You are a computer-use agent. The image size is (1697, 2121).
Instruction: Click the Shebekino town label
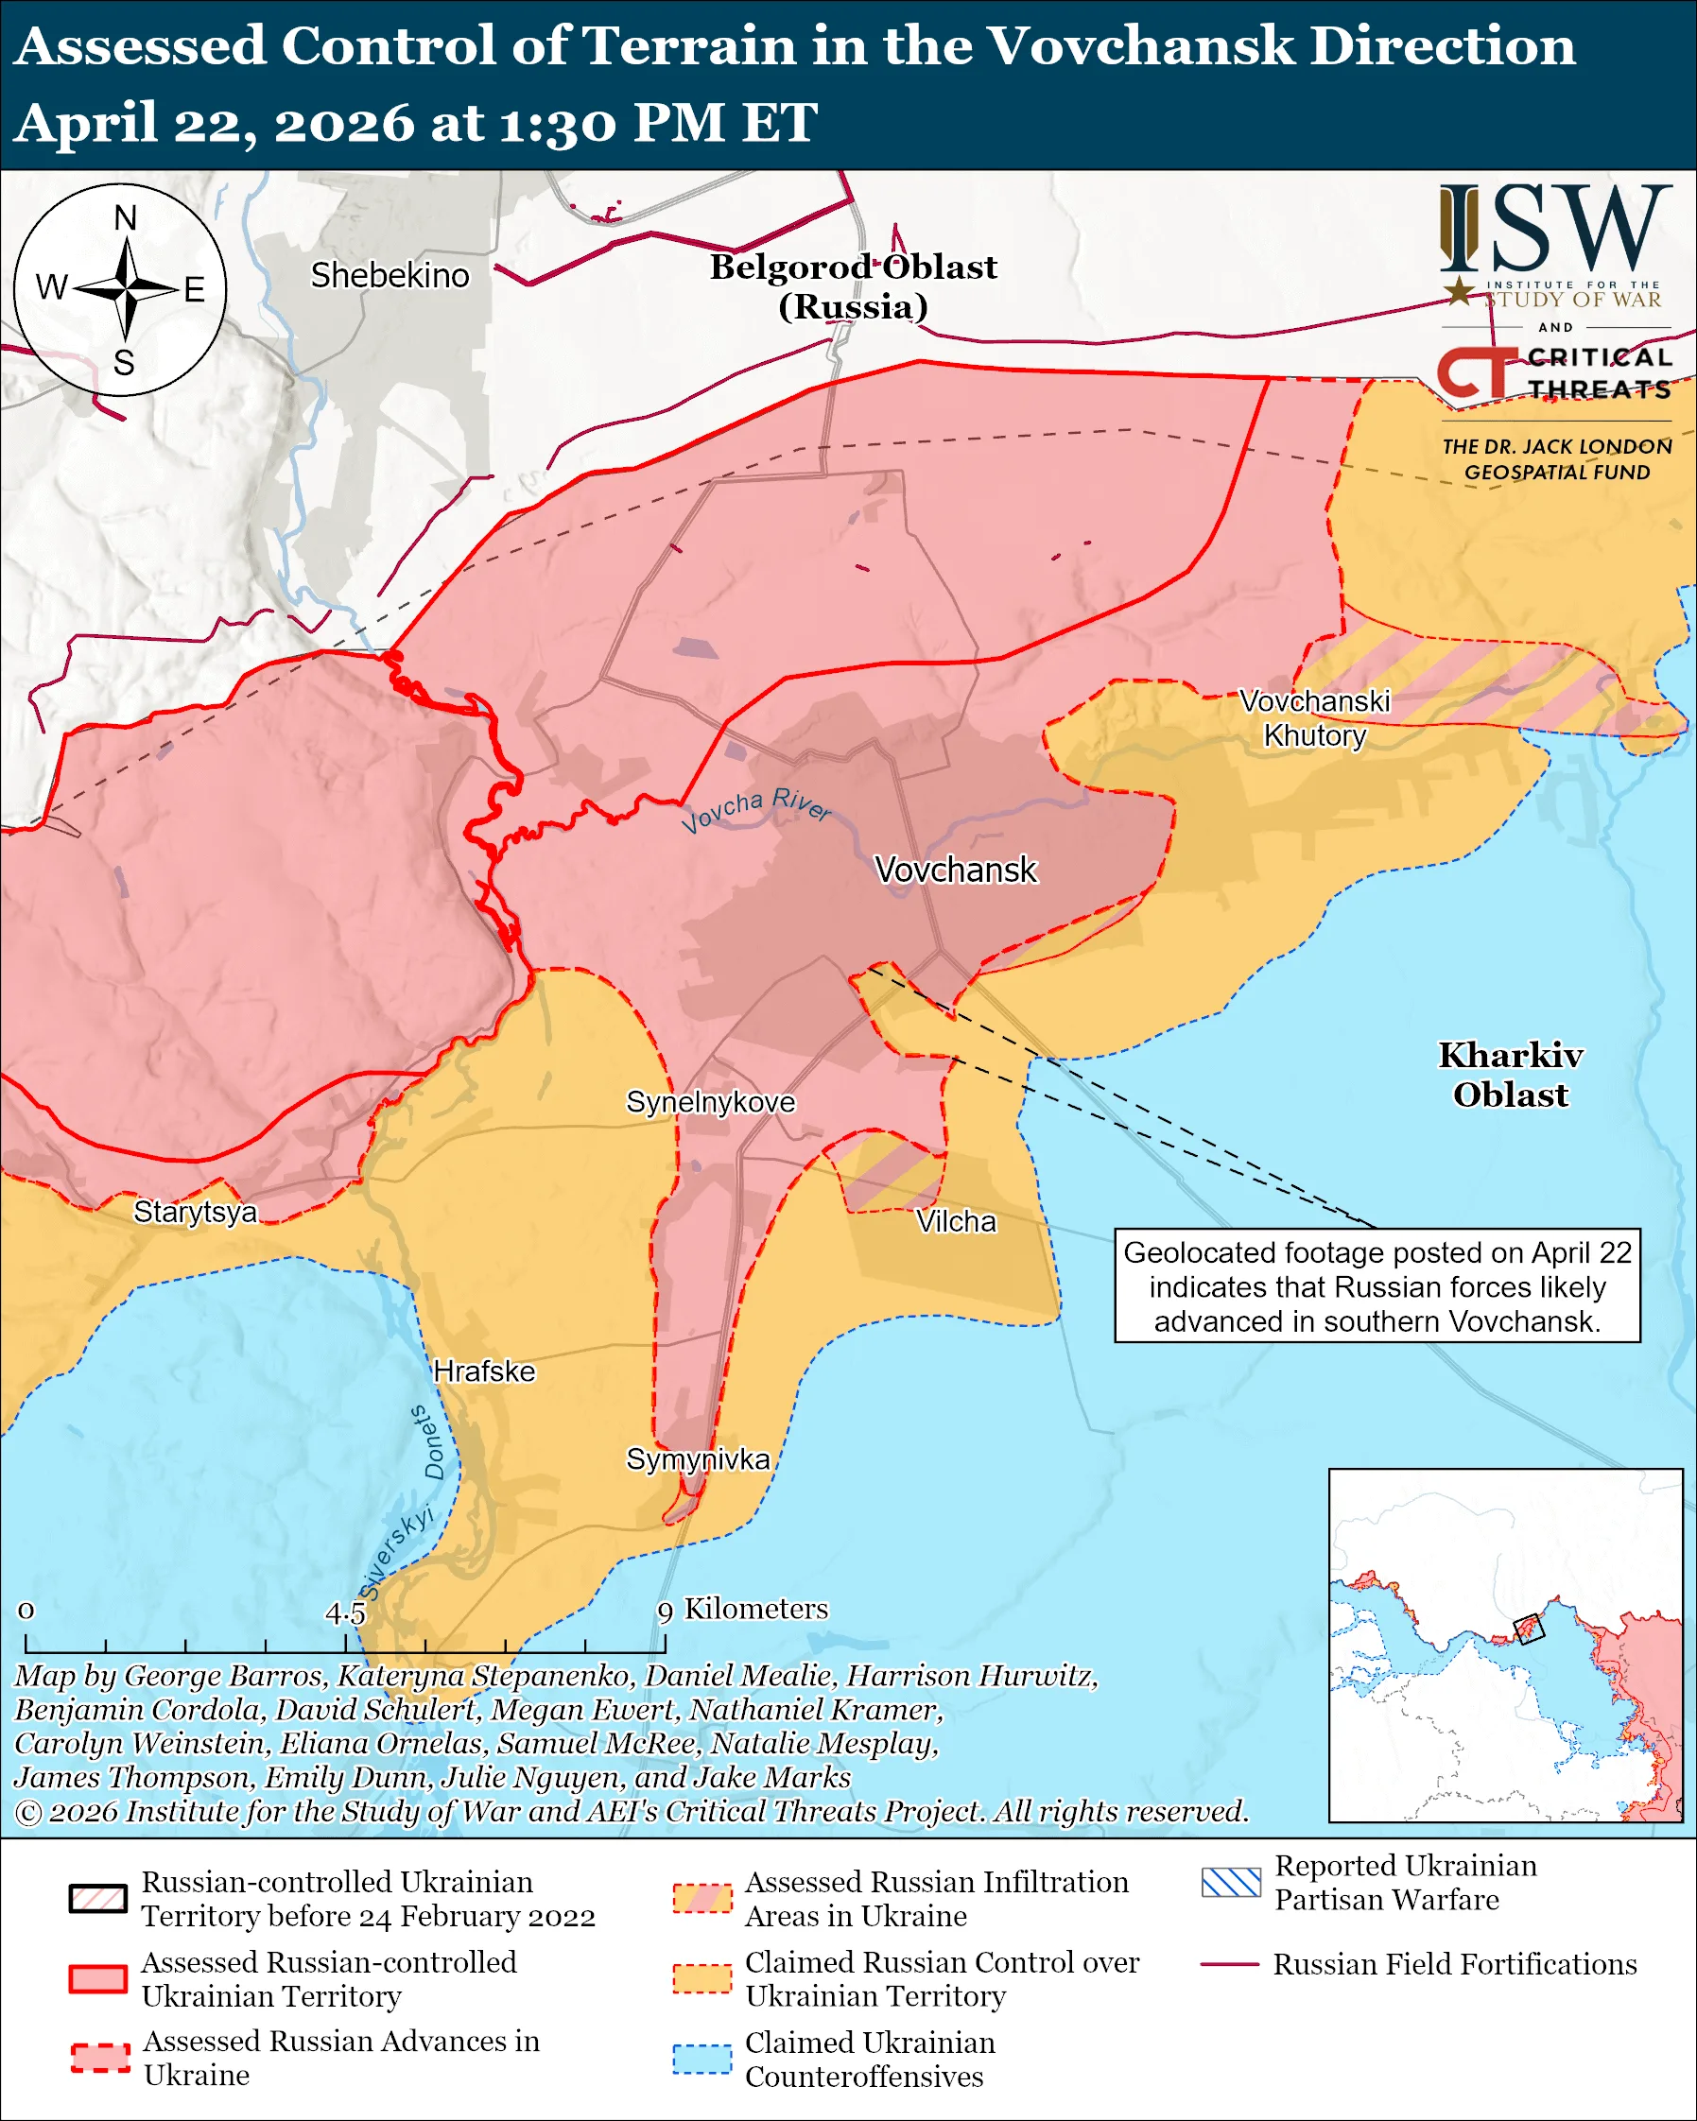[390, 275]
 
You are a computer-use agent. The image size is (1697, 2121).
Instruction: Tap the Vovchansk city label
[955, 870]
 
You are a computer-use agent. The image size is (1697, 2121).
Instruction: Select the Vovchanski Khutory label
[1314, 718]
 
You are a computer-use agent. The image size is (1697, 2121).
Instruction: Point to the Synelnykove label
[710, 1102]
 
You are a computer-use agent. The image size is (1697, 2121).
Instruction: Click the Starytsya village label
[195, 1211]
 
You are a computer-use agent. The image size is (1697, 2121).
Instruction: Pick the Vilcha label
[955, 1221]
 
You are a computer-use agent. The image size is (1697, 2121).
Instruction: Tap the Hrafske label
[484, 1371]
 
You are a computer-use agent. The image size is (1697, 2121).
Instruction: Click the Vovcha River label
[755, 810]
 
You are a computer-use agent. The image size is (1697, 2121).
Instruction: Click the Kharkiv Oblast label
[1510, 1075]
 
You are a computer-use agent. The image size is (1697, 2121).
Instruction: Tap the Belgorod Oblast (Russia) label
[853, 286]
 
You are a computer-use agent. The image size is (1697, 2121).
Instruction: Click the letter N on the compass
[125, 218]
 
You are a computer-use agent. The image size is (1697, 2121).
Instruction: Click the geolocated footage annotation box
[1377, 1285]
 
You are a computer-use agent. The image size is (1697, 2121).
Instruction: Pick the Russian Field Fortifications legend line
[1229, 1963]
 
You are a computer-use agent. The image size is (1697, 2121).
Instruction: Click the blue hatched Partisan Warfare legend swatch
[1230, 1882]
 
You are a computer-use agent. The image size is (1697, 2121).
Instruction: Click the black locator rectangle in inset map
[1528, 1630]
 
